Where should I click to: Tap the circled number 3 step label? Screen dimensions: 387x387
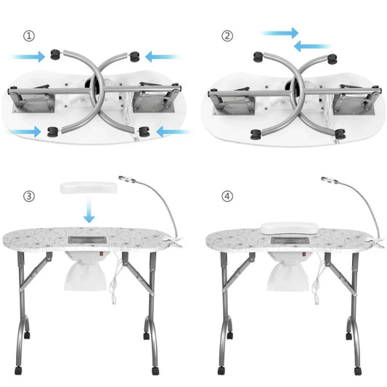click(28, 196)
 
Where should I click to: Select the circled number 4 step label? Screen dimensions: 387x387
click(227, 196)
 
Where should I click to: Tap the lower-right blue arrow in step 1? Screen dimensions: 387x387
click(174, 132)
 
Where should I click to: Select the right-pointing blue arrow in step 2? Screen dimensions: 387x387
click(280, 33)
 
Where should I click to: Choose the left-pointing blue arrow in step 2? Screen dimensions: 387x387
click(313, 46)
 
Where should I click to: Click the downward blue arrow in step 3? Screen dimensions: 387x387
click(88, 213)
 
